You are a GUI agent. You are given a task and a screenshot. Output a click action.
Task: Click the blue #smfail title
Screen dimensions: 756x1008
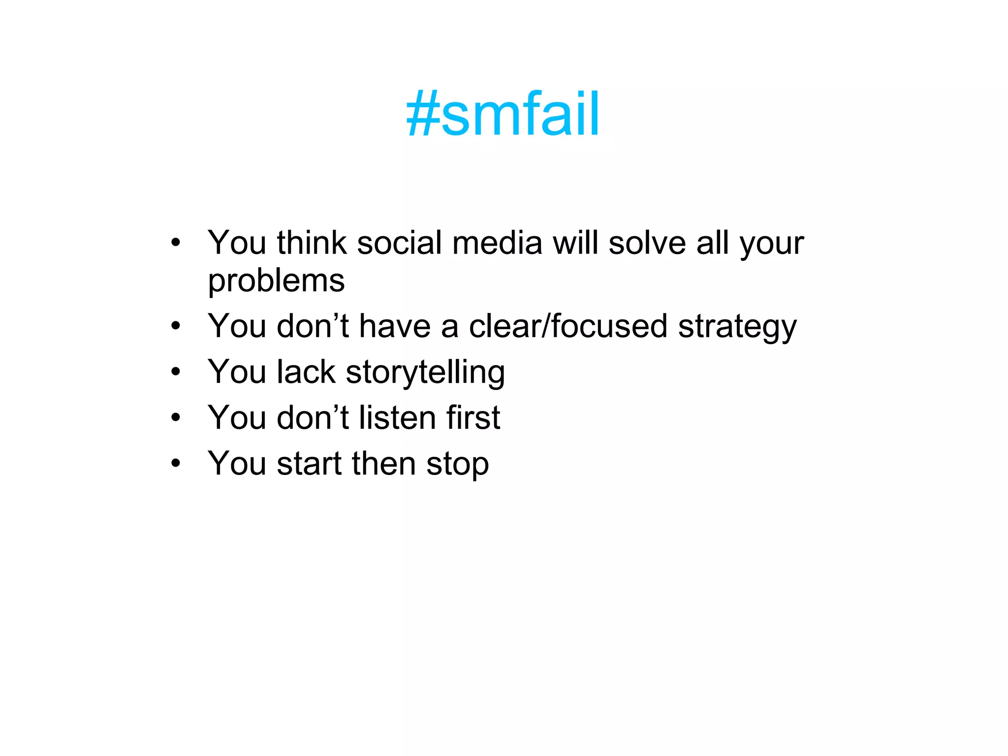tap(503, 114)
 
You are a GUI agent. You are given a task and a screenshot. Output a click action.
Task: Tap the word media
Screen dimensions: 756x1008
tap(497, 243)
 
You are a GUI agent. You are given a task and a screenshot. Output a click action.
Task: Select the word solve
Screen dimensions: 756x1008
tap(647, 243)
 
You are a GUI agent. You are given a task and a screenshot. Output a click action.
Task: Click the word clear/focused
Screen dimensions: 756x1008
tap(568, 326)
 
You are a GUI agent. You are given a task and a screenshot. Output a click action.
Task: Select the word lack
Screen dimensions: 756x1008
tap(306, 372)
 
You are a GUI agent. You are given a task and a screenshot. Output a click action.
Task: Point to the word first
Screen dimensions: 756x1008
tap(473, 418)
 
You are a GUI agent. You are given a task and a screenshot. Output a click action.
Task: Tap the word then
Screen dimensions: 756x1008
tap(383, 464)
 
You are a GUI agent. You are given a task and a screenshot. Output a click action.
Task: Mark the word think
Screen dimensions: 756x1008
tap(312, 243)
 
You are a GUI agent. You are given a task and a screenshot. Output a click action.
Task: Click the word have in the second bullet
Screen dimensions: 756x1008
tap(395, 326)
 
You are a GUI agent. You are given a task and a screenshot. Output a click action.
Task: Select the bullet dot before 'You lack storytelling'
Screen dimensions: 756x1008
tap(176, 372)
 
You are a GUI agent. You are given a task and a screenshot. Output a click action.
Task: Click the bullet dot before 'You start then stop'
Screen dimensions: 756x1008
tap(176, 463)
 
